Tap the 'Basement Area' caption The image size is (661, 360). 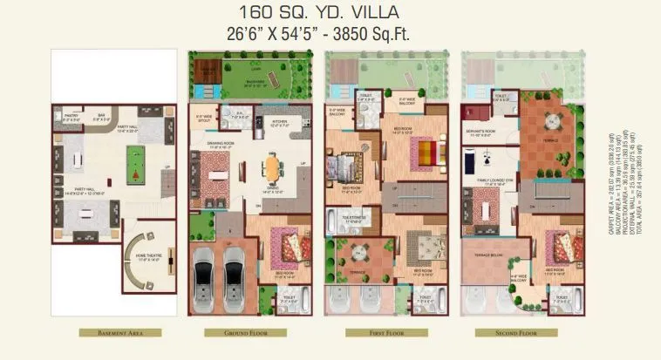point(119,332)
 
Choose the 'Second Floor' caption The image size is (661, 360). point(519,332)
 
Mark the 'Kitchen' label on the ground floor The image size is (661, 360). point(279,121)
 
